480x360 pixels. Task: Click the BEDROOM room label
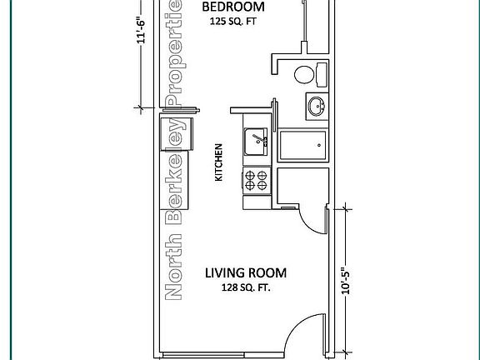pyautogui.click(x=233, y=7)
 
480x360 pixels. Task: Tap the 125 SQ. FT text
pyautogui.click(x=233, y=22)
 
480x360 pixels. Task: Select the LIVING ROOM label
pyautogui.click(x=246, y=273)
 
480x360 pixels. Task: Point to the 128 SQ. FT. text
pyautogui.click(x=246, y=287)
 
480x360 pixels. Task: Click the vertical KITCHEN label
pyautogui.click(x=218, y=162)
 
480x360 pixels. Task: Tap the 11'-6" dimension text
pyautogui.click(x=141, y=30)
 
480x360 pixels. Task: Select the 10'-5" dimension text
pyautogui.click(x=346, y=281)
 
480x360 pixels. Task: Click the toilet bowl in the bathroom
pyautogui.click(x=304, y=74)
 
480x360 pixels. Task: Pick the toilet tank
pyautogui.click(x=322, y=75)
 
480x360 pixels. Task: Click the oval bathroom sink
pyautogui.click(x=317, y=107)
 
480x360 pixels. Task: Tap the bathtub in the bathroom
pyautogui.click(x=303, y=145)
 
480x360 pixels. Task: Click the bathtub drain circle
pyautogui.click(x=319, y=145)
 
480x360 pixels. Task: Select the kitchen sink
pyautogui.click(x=256, y=142)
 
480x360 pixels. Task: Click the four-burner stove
pyautogui.click(x=257, y=181)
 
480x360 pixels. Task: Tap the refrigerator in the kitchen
pyautogui.click(x=177, y=134)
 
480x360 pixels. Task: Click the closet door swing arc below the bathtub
pyautogui.click(x=309, y=226)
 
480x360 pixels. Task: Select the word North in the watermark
pyautogui.click(x=173, y=267)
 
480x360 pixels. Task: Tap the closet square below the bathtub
pyautogui.click(x=302, y=186)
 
